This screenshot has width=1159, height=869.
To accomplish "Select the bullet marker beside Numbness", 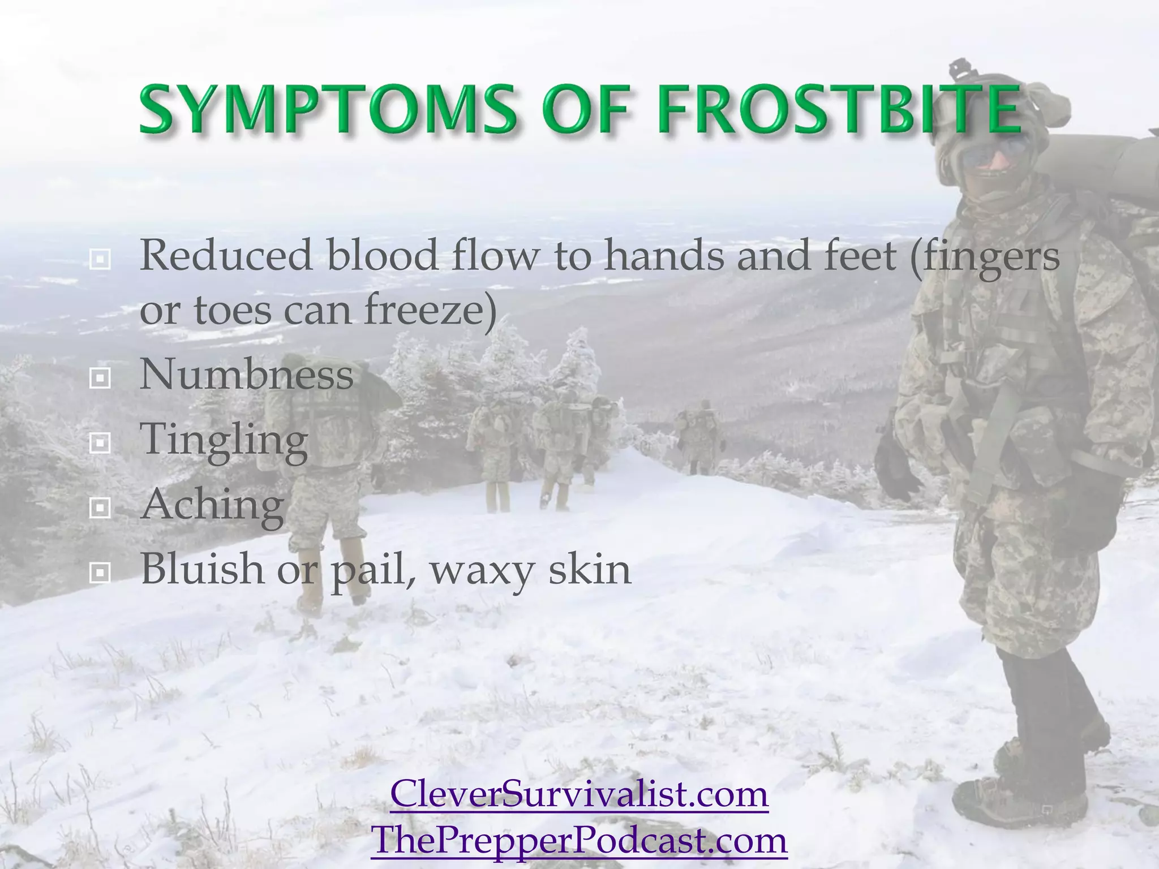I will pyautogui.click(x=100, y=379).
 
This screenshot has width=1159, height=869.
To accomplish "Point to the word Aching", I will pyautogui.click(x=212, y=505).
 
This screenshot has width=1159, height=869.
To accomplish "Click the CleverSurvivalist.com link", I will pyautogui.click(x=579, y=794).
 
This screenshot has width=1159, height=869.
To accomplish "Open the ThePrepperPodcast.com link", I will pyautogui.click(x=579, y=840).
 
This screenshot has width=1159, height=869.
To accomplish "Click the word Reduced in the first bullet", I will pyautogui.click(x=226, y=256).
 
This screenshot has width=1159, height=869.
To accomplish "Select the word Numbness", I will pyautogui.click(x=247, y=375).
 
